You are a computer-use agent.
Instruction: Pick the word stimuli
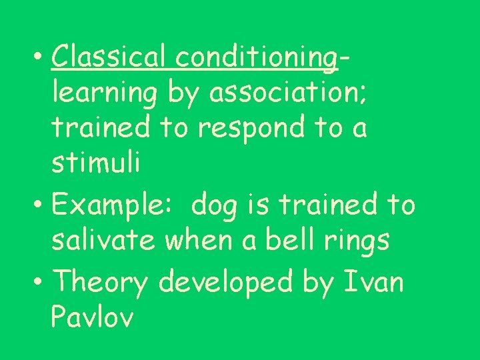click(x=95, y=164)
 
